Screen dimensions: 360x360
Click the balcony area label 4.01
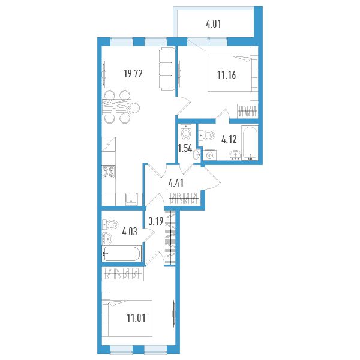click(213, 24)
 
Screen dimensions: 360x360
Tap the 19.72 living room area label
click(133, 74)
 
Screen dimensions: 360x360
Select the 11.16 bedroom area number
click(226, 75)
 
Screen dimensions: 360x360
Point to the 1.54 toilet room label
click(185, 149)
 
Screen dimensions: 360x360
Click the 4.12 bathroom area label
click(229, 139)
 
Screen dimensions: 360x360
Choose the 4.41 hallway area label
click(176, 183)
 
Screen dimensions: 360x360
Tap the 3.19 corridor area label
click(156, 221)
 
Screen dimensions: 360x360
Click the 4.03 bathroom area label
click(130, 232)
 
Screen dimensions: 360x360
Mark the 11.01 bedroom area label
click(136, 318)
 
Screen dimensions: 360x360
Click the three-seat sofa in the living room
click(166, 68)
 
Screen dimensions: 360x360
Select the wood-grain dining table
click(116, 107)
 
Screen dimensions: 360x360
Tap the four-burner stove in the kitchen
click(109, 172)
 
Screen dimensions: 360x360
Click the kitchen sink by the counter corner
click(131, 199)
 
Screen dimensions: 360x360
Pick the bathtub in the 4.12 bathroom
click(250, 143)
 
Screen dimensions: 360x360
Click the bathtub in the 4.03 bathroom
click(121, 253)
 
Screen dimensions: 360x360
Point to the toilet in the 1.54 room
click(186, 133)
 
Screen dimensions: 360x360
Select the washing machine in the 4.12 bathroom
click(210, 155)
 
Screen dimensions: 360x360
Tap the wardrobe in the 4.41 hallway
click(184, 198)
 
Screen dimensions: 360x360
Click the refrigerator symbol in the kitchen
click(109, 144)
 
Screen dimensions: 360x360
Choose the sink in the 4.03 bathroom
click(107, 239)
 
